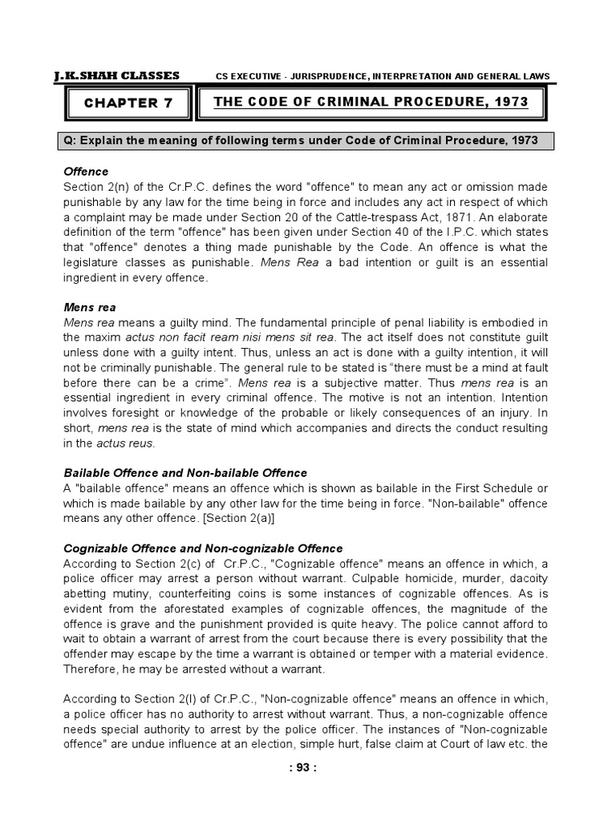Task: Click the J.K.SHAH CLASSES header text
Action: [116, 76]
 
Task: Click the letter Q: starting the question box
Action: [71, 141]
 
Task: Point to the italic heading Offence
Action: [85, 172]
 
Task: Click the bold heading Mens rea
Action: [90, 305]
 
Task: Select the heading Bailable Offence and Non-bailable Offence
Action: [184, 473]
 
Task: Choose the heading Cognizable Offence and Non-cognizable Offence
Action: [202, 548]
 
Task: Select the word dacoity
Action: [525, 578]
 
